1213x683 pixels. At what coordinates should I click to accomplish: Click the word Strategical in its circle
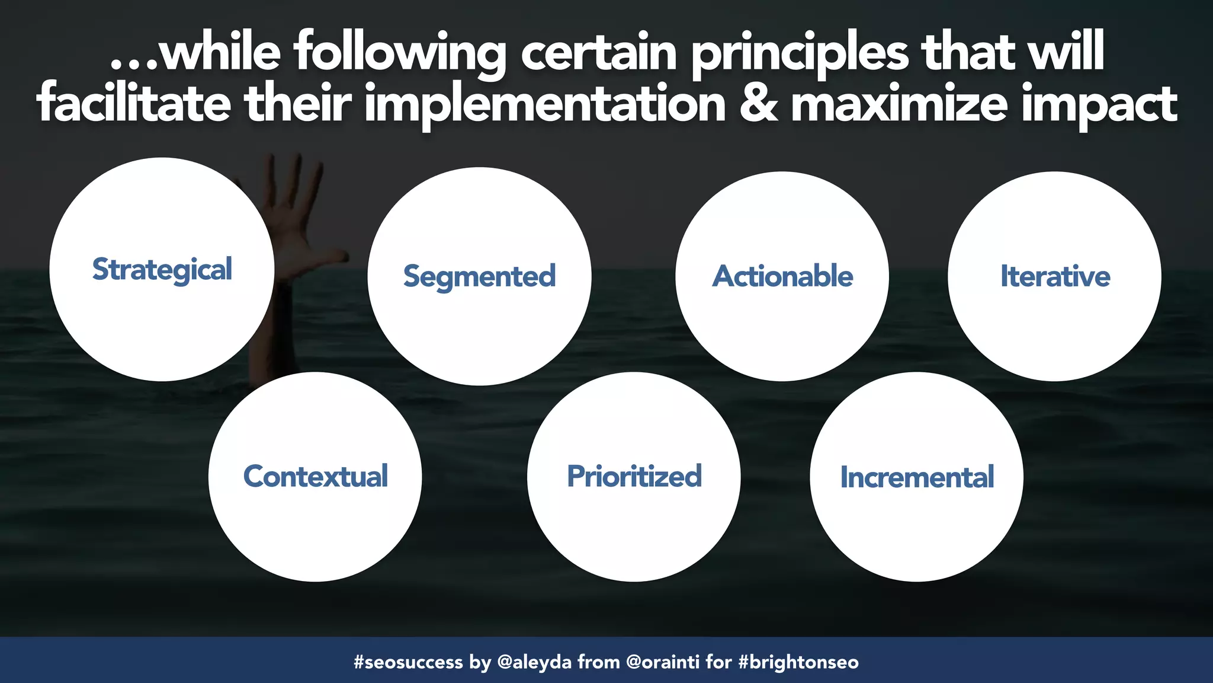pos(162,270)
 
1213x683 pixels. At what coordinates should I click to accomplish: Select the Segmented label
pos(479,277)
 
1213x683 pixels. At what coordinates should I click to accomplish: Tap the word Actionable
pos(782,276)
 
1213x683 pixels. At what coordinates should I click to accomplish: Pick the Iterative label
pos(1055,276)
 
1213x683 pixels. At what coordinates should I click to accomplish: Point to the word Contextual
pos(315,477)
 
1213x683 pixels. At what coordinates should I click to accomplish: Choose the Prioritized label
pos(634,477)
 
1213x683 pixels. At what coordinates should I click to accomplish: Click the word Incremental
pos(916,477)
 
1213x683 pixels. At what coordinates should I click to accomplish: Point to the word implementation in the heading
pos(545,105)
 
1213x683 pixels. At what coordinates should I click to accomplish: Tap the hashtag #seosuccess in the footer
pos(407,662)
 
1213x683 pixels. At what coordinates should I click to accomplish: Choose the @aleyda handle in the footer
pos(534,662)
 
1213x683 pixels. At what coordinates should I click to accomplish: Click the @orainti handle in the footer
pos(662,662)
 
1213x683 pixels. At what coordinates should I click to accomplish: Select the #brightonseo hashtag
pos(798,662)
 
